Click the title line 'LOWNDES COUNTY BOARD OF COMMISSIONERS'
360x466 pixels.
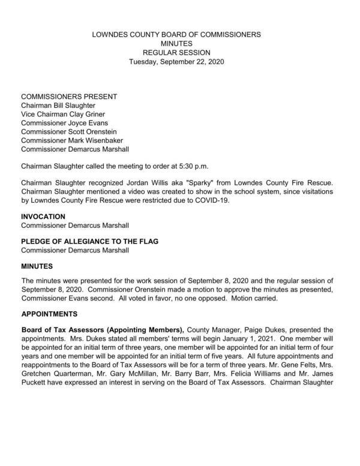(x=176, y=35)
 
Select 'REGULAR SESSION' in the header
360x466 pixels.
(x=176, y=53)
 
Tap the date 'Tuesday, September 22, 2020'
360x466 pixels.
(x=176, y=62)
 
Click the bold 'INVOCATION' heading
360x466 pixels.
(x=44, y=216)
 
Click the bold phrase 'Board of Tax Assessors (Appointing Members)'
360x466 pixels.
(x=103, y=329)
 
